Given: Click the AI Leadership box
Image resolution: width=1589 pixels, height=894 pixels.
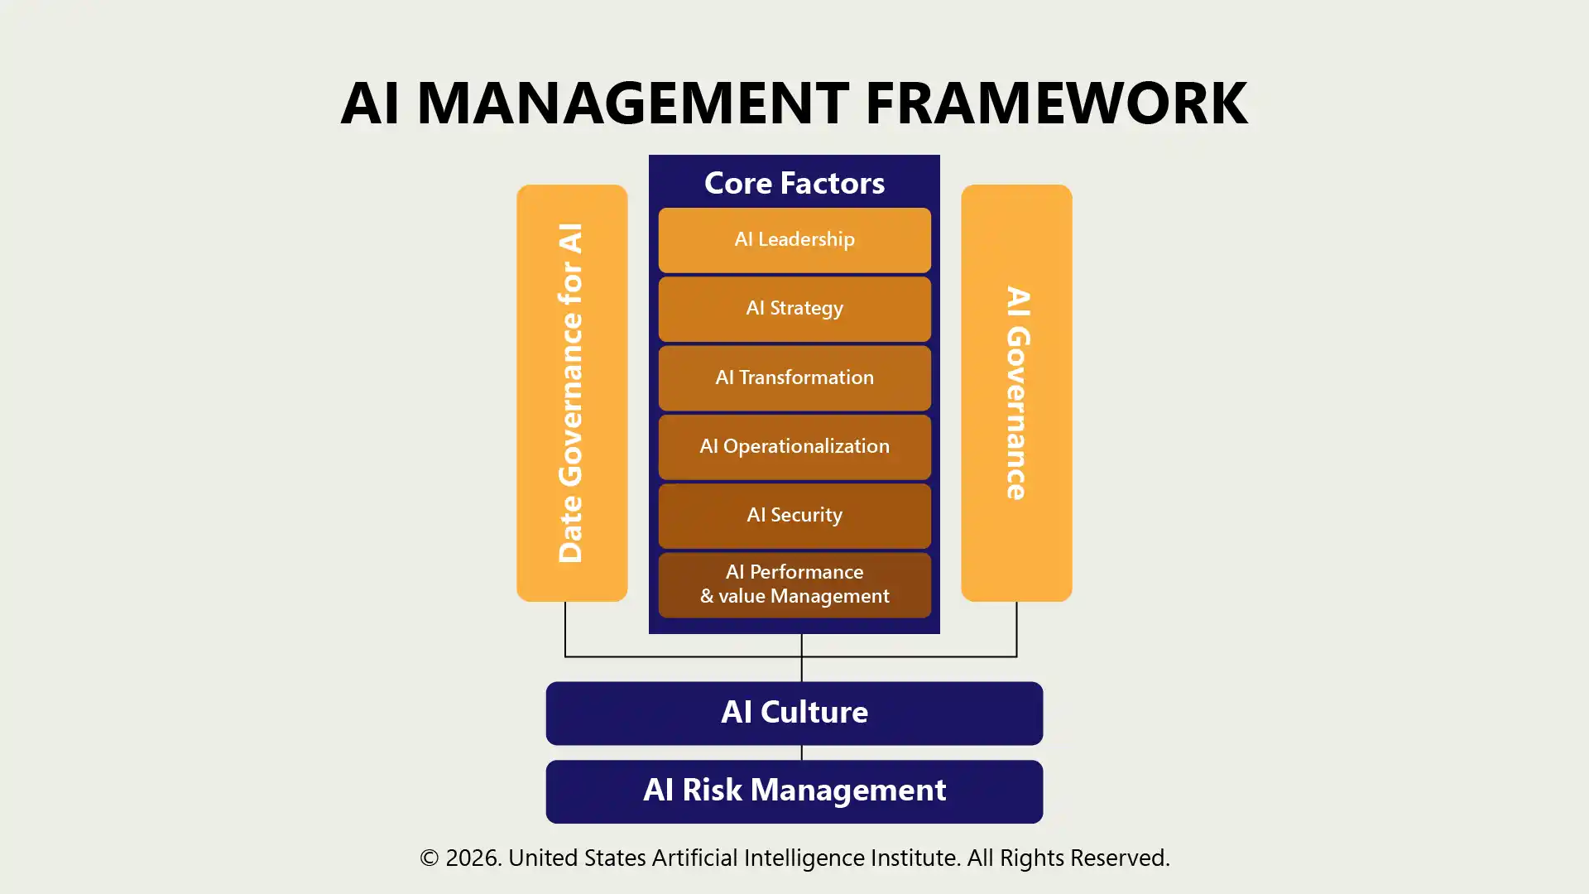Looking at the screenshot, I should point(794,240).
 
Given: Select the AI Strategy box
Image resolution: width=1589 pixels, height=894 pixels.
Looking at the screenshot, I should point(794,309).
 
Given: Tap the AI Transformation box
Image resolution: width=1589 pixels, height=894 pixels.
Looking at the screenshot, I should point(794,377).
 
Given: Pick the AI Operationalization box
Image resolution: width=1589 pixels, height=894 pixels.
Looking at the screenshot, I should point(794,447).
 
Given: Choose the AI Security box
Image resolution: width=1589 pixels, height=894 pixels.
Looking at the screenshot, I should point(794,516).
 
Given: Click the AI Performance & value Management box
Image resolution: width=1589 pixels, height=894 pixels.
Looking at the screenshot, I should point(794,584).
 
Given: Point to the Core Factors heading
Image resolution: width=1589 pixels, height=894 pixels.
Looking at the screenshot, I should point(794,183).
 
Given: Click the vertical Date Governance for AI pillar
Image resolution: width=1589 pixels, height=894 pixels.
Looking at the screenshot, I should point(572,392).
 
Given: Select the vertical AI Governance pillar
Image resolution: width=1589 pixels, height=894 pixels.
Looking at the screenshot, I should point(1016,392).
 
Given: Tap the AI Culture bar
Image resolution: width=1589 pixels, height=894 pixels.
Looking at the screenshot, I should point(794,713).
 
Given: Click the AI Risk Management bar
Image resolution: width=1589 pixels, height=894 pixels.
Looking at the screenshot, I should point(794,791).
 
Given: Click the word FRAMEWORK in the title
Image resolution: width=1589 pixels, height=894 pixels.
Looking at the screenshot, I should point(1056,103).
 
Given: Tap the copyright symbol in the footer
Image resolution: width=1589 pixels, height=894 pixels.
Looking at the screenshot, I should point(429,858).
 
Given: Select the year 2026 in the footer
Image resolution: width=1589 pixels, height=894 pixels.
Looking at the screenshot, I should point(473,858).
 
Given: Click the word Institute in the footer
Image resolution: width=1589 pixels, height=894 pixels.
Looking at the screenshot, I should point(915,858).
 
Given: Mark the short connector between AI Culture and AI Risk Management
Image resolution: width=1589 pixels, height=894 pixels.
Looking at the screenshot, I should point(801,752).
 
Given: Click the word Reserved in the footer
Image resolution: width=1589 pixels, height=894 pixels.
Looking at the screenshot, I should point(1118,858).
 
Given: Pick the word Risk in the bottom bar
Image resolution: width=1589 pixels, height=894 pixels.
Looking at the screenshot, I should point(712,791).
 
